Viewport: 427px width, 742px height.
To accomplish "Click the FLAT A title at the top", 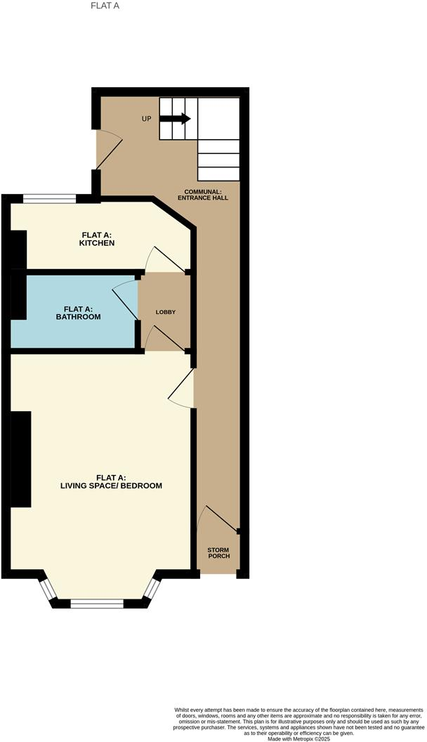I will pos(106,6).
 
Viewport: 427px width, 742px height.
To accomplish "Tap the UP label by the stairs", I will pos(147,119).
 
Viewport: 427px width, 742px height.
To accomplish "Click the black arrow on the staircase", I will pos(176,119).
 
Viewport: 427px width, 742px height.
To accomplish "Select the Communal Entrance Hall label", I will pos(206,195).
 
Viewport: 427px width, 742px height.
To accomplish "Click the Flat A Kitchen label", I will pos(97,239).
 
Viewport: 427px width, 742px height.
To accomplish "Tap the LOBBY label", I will pos(166,312).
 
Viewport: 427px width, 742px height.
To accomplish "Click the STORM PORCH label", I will pos(218,553).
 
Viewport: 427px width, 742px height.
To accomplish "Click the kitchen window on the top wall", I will pos(49,199).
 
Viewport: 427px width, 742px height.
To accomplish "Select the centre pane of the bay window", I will pos(97,602).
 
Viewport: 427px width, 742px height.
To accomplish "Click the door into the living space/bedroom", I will pos(182,388).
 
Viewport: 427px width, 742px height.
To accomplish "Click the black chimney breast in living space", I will pos(20,459).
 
